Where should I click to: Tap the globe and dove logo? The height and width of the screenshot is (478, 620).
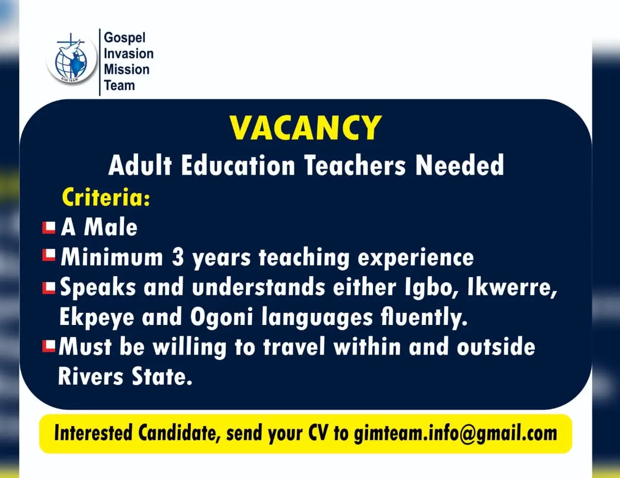point(71,59)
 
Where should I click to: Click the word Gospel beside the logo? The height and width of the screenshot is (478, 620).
point(124,38)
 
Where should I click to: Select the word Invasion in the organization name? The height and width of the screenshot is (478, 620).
point(129,54)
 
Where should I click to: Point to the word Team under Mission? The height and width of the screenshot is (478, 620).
point(119,85)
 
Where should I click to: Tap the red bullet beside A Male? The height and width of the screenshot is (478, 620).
point(49,228)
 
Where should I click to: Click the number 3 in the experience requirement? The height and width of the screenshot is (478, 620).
point(177,258)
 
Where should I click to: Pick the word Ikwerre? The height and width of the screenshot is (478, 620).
point(512,288)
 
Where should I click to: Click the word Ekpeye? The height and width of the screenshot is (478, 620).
point(97,317)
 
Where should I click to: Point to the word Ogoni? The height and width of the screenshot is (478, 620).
point(222,317)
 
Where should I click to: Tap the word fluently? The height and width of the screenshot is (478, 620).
point(424,317)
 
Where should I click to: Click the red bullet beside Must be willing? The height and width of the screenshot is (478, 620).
point(48,346)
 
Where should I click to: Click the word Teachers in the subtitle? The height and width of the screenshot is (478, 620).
point(355,166)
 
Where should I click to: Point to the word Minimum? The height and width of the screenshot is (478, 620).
point(111,258)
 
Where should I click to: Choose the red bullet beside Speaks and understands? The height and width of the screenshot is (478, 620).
point(49,288)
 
